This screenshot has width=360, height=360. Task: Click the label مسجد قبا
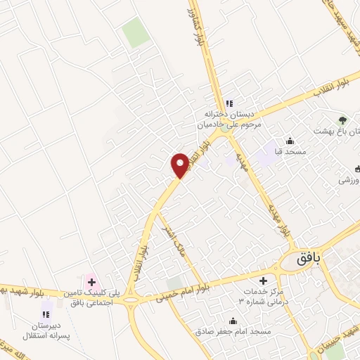pyautogui.click(x=290, y=152)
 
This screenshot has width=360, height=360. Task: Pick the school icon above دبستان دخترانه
pyautogui.click(x=229, y=103)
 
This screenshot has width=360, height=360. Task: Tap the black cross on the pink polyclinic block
pyautogui.click(x=91, y=282)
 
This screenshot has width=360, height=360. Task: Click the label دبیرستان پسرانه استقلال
pyautogui.click(x=45, y=330)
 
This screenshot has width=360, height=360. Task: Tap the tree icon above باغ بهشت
pyautogui.click(x=343, y=120)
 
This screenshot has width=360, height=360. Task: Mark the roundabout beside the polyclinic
pyautogui.click(x=131, y=303)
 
